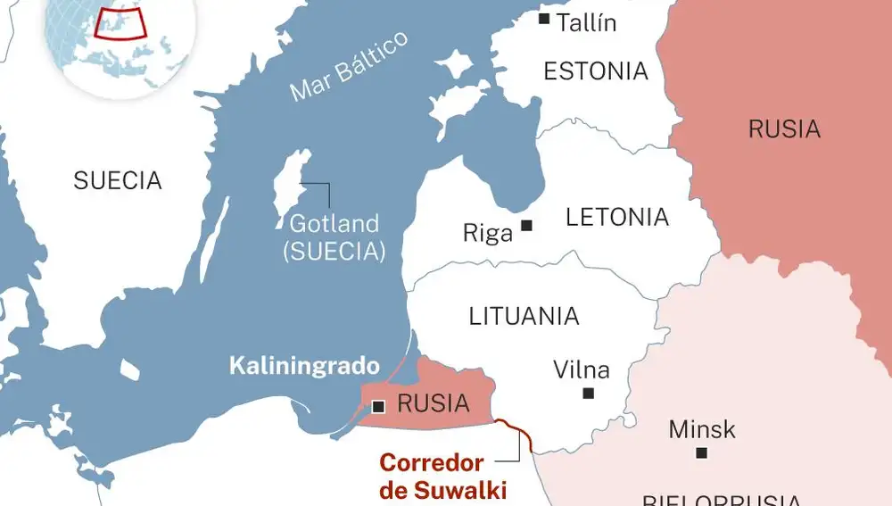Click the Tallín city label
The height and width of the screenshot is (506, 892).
(586, 22)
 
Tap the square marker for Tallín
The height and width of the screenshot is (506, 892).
(544, 18)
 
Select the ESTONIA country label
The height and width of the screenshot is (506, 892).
(596, 71)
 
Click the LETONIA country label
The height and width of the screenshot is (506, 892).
(617, 217)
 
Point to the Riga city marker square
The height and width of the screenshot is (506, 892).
(527, 226)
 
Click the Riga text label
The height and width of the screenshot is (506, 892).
(488, 234)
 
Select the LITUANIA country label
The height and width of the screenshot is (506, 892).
(524, 316)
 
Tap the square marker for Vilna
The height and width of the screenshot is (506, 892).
(588, 393)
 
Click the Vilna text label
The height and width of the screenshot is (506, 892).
(582, 369)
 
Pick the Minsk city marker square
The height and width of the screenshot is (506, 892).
(702, 453)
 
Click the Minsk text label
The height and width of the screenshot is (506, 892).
(702, 429)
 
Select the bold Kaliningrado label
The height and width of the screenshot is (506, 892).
(304, 366)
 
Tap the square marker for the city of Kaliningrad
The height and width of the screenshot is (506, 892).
(378, 407)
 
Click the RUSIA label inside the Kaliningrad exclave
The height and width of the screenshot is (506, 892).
(434, 404)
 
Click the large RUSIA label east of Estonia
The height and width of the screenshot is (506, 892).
(784, 129)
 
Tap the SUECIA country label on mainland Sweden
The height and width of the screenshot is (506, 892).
(118, 181)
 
